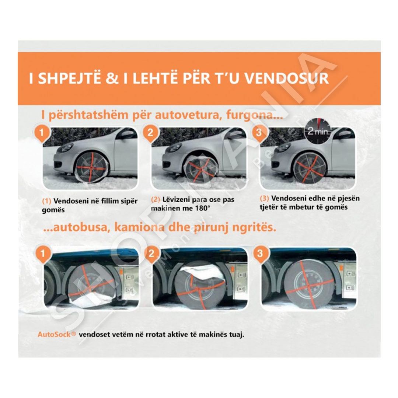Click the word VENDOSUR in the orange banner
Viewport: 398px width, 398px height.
coord(287,78)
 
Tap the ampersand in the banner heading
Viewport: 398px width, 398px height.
coord(112,78)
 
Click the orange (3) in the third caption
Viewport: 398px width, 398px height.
coord(265,199)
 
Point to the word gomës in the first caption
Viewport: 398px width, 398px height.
coord(53,210)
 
